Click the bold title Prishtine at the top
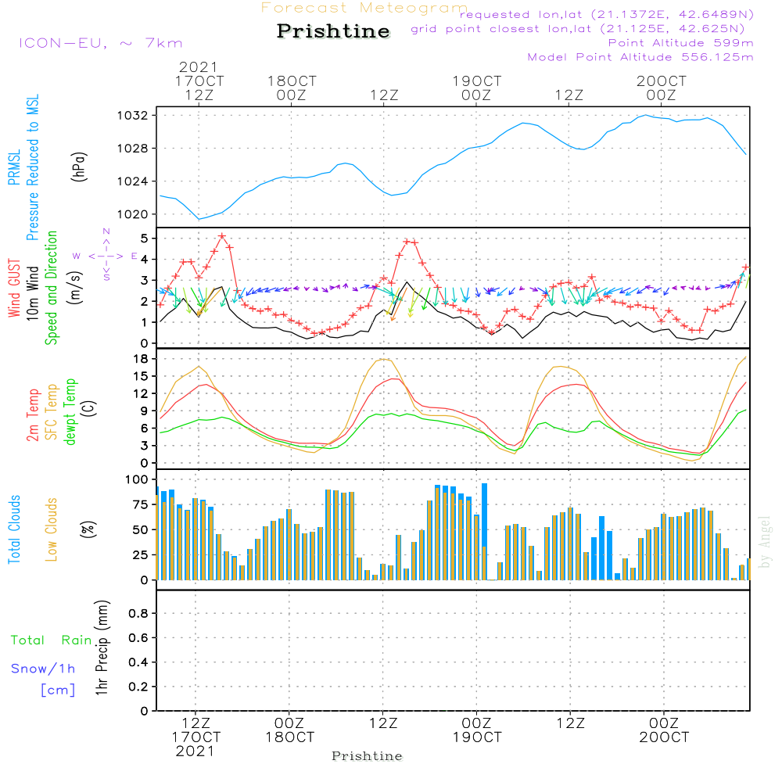333,31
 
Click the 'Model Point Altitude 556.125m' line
640,57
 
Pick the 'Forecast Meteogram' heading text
364,9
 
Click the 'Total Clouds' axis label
15,529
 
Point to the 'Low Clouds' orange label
52,529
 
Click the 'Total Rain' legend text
52,640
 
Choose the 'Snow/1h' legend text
44,669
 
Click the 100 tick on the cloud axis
136,479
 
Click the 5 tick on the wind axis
144,238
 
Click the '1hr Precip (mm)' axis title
102,647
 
